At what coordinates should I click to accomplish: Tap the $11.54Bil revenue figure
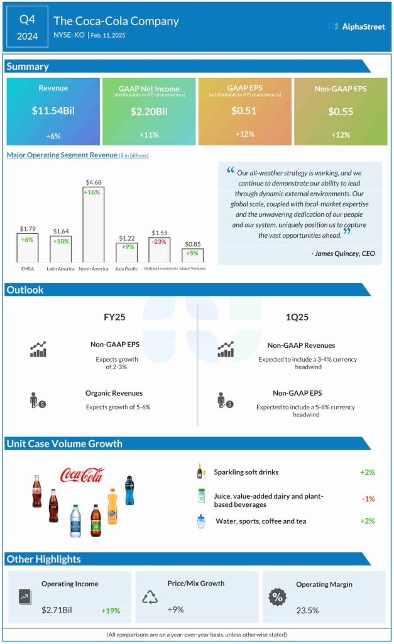click(53, 111)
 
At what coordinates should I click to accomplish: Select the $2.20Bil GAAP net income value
click(149, 112)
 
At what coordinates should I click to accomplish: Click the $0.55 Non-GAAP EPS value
click(341, 112)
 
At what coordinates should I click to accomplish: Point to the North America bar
click(94, 223)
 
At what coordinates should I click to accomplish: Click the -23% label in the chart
click(160, 242)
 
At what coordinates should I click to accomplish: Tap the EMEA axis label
click(27, 268)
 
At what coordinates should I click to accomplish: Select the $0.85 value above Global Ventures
click(193, 243)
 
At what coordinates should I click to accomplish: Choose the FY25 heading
click(114, 317)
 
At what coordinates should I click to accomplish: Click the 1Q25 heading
click(297, 317)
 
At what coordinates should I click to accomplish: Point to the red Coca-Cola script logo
click(82, 475)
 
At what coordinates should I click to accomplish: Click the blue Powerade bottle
click(129, 490)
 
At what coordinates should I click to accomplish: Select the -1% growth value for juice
click(368, 499)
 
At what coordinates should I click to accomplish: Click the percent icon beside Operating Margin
click(276, 597)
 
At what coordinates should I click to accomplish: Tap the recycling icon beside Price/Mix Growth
click(150, 597)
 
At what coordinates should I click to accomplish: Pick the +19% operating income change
click(111, 611)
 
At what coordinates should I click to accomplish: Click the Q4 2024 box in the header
click(28, 27)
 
